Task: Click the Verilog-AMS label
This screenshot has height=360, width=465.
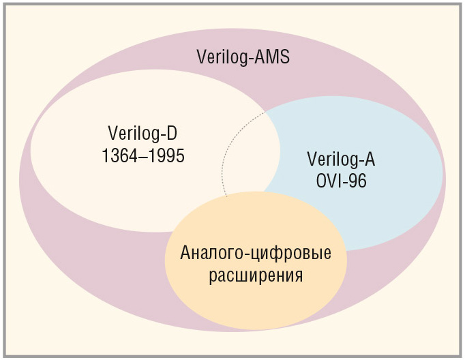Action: click(x=243, y=57)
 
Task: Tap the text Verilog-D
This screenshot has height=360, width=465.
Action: click(x=142, y=134)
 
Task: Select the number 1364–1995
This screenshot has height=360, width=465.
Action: click(x=143, y=155)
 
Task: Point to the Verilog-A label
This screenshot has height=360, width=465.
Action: click(x=341, y=160)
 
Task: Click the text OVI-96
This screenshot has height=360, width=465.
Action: click(x=341, y=181)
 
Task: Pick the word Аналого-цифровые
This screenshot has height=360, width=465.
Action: click(x=256, y=254)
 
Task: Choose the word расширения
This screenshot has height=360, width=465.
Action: click(x=256, y=275)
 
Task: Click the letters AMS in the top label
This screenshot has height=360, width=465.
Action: click(x=272, y=57)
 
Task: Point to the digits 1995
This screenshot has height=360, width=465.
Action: click(x=166, y=155)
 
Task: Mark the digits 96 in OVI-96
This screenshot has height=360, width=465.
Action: click(x=357, y=181)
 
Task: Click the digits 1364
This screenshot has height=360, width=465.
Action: click(x=120, y=155)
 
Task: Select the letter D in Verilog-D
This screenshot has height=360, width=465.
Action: click(x=171, y=133)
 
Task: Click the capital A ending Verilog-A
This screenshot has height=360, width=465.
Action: click(x=370, y=160)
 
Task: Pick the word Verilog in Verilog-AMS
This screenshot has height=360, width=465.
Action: click(x=222, y=57)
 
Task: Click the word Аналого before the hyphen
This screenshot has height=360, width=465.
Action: click(x=212, y=253)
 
